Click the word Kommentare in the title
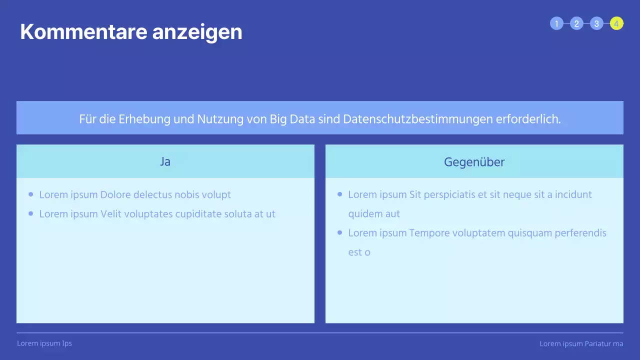coord(83,32)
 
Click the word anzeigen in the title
coord(197,32)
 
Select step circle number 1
coord(556,23)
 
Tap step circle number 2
coord(576,23)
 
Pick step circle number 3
coord(596,23)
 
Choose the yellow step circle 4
coord(616,23)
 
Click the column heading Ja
coord(165,161)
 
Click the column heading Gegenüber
coord(474,161)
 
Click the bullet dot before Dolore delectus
coord(31,194)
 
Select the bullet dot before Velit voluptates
coord(31,213)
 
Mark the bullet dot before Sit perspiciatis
coord(340,194)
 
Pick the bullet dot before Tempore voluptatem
coord(340,232)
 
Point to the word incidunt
coord(573,194)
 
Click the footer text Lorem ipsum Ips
coord(44,343)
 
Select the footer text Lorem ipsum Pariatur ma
coord(581,344)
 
